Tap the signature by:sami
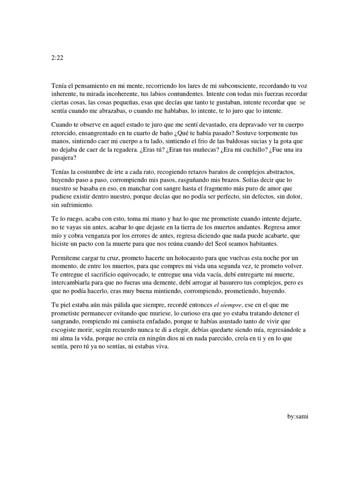tap(298, 416)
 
